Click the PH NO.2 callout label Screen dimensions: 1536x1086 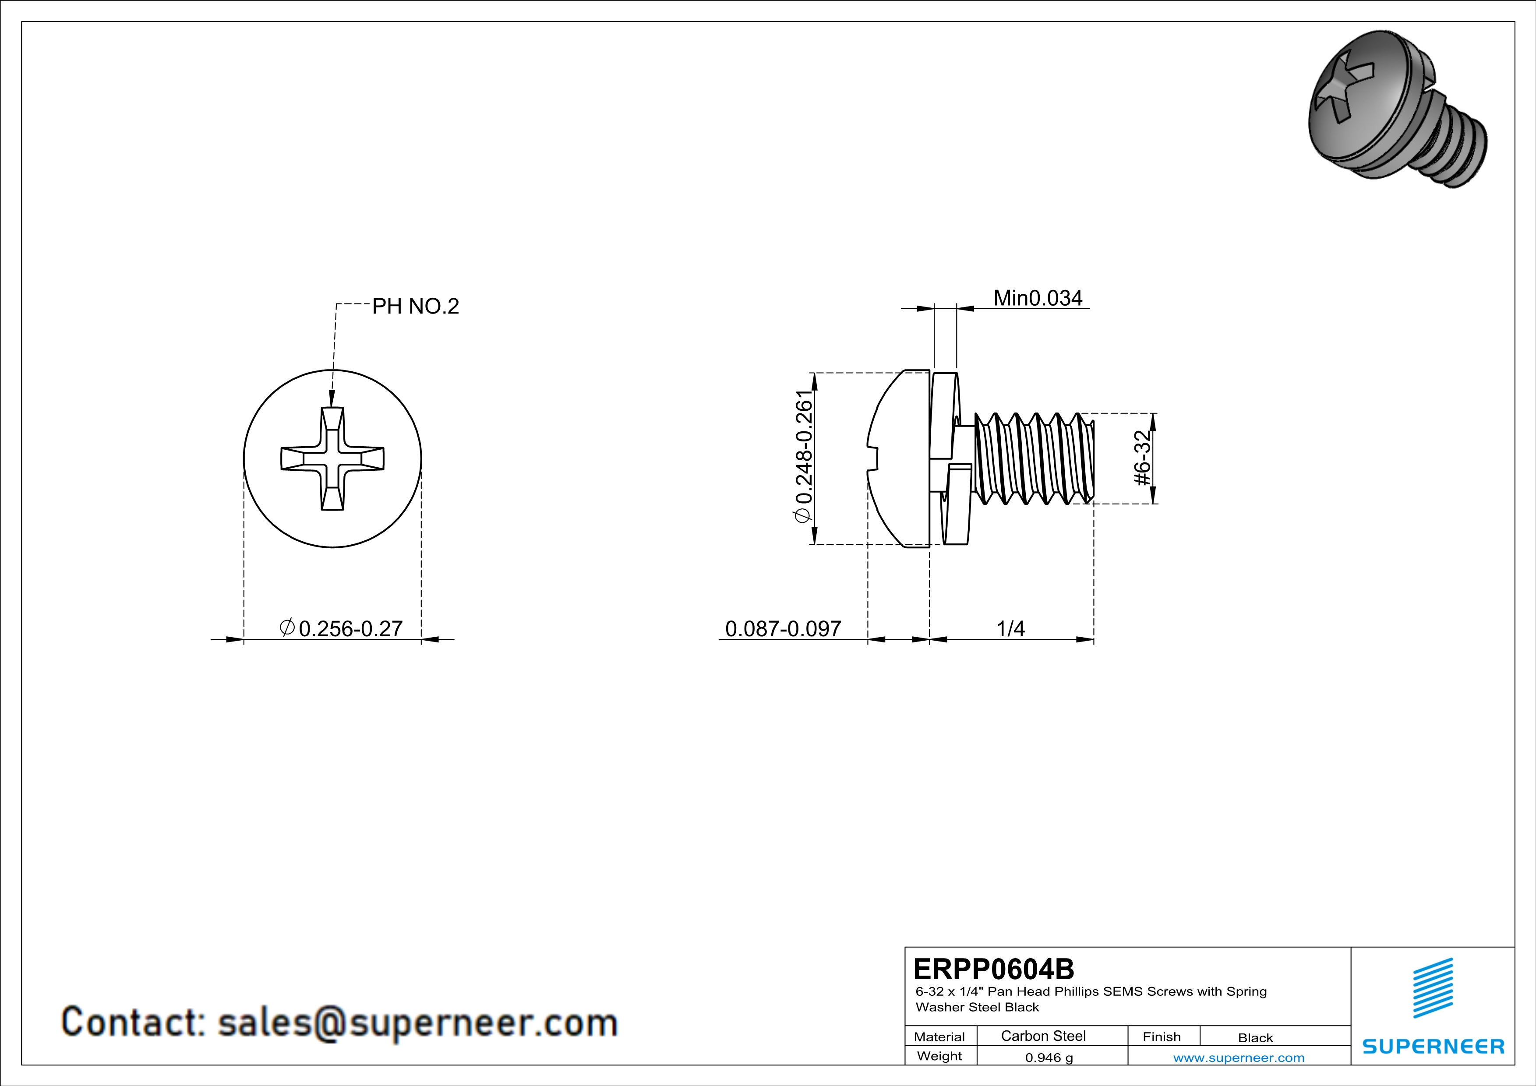[x=416, y=306]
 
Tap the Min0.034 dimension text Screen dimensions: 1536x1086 [x=1038, y=298]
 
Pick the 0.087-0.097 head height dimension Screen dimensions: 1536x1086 [x=783, y=628]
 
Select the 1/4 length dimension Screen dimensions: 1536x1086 [x=1010, y=628]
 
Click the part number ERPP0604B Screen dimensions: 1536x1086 [x=993, y=968]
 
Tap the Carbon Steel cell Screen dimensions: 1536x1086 [x=1043, y=1036]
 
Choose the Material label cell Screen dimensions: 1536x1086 [x=939, y=1037]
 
